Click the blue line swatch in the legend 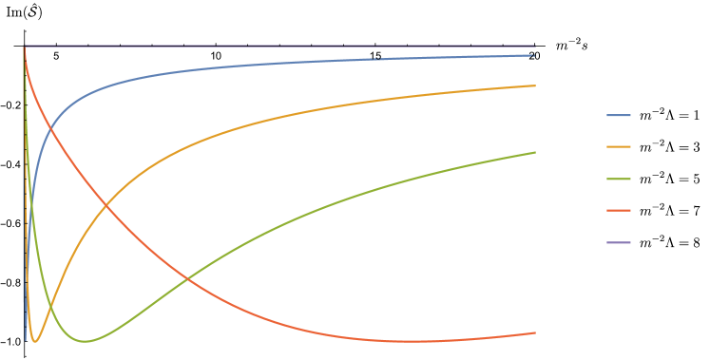[x=618, y=115]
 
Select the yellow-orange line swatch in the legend [x=618, y=147]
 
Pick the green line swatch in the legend [x=618, y=179]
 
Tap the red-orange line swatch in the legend [x=618, y=211]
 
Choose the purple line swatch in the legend [x=618, y=242]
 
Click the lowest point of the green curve [x=85, y=341]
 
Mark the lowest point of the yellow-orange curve [x=35, y=341]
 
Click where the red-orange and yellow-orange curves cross [x=104, y=205]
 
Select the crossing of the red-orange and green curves [x=186, y=279]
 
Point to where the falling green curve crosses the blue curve [x=30, y=204]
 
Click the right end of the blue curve [x=535, y=55]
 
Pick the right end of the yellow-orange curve [x=535, y=85]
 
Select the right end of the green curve [x=535, y=152]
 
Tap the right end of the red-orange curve [x=535, y=332]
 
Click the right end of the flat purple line [x=535, y=46]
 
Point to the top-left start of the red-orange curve [x=25, y=47]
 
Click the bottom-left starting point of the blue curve [x=25, y=302]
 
